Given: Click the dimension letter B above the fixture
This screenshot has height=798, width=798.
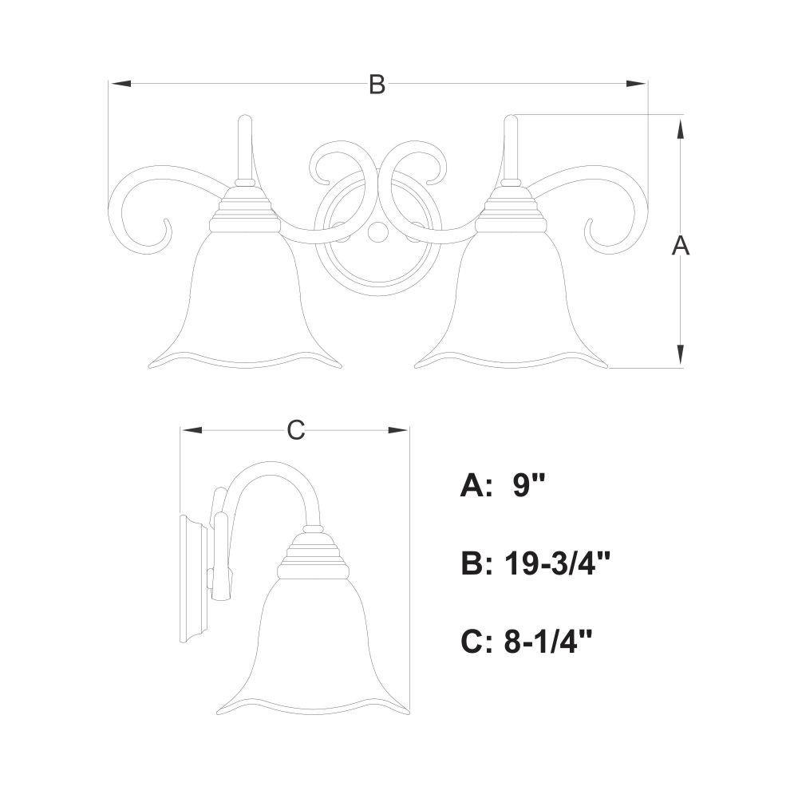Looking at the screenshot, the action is [377, 85].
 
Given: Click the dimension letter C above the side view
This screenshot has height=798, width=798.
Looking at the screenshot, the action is [296, 430].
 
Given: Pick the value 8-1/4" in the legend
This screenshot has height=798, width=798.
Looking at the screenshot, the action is [549, 642].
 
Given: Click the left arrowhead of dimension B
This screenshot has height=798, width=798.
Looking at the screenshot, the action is [120, 84].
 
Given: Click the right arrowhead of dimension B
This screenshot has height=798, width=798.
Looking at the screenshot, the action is [636, 84].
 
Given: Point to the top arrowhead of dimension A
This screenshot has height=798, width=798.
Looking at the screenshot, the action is [680, 127].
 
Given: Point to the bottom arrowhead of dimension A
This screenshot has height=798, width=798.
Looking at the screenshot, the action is [680, 355].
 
